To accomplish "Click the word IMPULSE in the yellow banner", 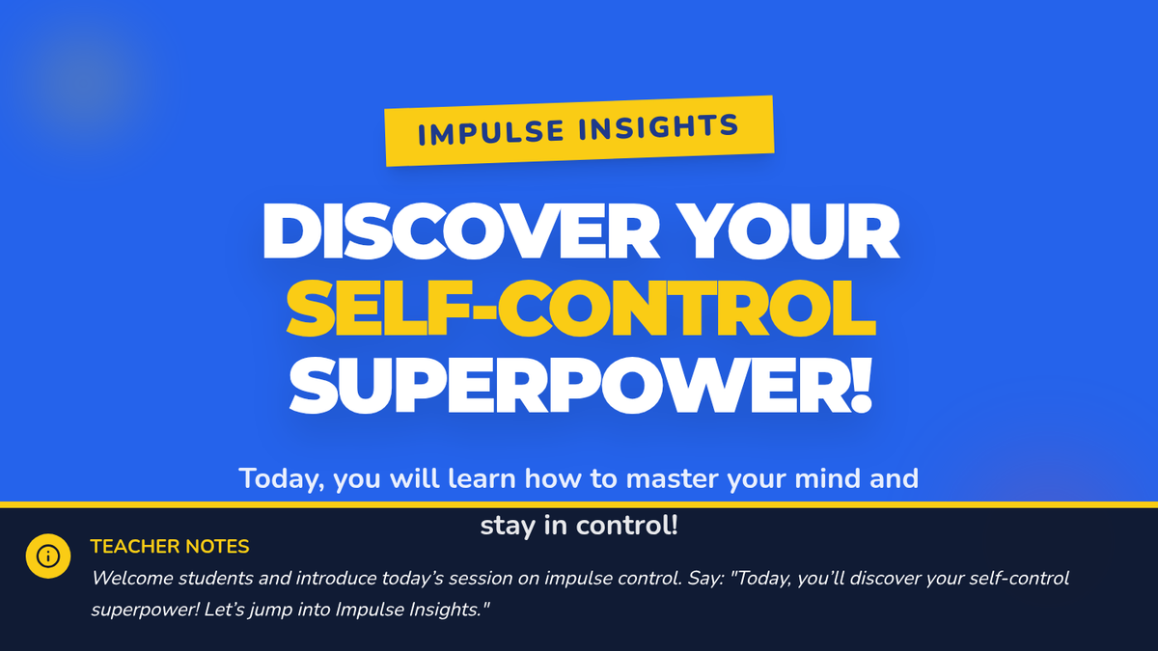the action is (x=490, y=132).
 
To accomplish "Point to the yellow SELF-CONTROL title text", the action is (x=581, y=309).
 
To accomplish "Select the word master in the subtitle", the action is (x=672, y=478).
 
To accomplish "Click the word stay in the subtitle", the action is (x=509, y=527).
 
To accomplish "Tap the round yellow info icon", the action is (x=48, y=556).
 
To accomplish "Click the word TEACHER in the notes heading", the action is (x=135, y=546).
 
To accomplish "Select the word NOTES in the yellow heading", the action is (x=217, y=546).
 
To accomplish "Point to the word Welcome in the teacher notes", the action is (x=132, y=578).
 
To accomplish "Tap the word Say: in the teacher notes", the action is (x=705, y=580).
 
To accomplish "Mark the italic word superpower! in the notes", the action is (x=146, y=610).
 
